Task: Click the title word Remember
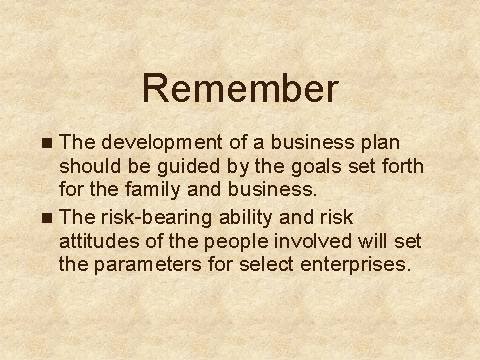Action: tap(240, 88)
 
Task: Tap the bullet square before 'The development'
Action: tap(47, 143)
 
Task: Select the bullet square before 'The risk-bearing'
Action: tap(47, 218)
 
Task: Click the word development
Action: tap(162, 143)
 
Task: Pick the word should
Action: tap(90, 166)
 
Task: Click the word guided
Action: tap(189, 167)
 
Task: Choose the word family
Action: tap(153, 190)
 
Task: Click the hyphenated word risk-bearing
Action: tap(156, 218)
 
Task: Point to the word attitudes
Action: tap(99, 241)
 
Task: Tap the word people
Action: tap(236, 242)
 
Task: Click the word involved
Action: tap(313, 241)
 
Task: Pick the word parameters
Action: tap(147, 265)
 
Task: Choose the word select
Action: tap(266, 264)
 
